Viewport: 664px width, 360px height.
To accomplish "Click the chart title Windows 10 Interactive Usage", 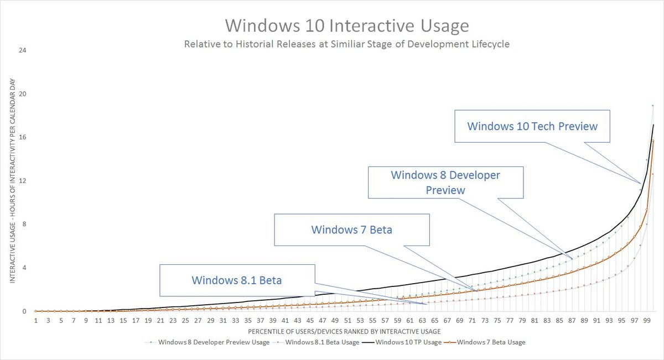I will [x=347, y=26].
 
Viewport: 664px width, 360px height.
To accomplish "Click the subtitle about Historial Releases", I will [x=347, y=44].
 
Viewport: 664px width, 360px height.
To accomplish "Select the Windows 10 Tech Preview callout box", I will [x=532, y=126].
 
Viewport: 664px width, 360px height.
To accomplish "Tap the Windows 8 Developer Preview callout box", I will [x=445, y=182].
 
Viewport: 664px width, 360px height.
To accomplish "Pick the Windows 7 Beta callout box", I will [x=351, y=229].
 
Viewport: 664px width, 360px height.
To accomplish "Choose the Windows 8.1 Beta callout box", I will [x=237, y=280].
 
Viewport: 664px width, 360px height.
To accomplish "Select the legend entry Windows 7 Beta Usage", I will [x=491, y=342].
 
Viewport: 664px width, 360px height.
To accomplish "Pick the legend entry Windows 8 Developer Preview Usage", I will [x=214, y=342].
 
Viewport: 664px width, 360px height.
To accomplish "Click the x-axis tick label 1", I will [x=36, y=320].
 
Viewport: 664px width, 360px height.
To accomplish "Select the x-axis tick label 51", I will [x=347, y=320].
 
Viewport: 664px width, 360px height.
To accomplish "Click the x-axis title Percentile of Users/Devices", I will [x=344, y=331].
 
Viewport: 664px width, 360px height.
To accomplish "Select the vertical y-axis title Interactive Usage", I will [x=12, y=181].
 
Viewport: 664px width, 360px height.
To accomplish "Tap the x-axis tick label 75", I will [x=497, y=320].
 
